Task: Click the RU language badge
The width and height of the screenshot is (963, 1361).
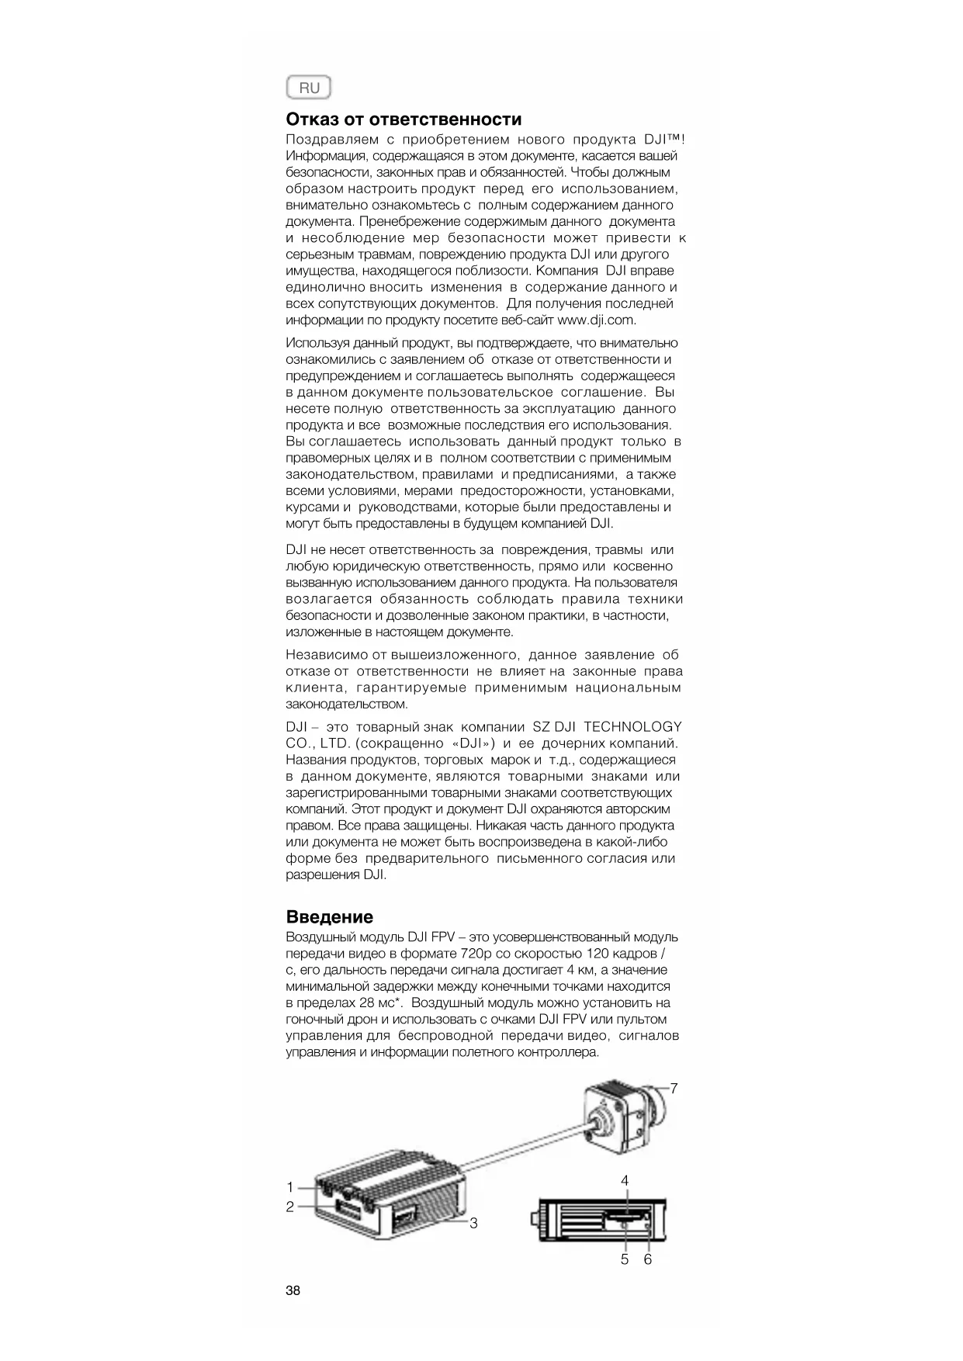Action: [x=308, y=88]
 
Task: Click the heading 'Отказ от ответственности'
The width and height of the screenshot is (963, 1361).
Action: [x=404, y=119]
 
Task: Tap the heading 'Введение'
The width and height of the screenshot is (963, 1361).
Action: [x=329, y=917]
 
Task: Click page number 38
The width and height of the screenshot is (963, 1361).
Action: [x=293, y=1291]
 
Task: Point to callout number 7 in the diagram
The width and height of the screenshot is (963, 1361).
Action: [x=674, y=1089]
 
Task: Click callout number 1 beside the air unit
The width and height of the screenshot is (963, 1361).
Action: [x=290, y=1187]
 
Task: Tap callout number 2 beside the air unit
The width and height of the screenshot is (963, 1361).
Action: [x=290, y=1207]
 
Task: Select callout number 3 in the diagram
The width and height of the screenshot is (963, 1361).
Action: [x=473, y=1224]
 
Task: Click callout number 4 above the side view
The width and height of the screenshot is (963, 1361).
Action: [x=625, y=1180]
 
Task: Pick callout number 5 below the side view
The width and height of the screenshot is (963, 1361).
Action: [x=625, y=1259]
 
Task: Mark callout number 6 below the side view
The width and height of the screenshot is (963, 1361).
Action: [x=648, y=1259]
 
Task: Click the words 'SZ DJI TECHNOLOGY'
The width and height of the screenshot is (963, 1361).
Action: [x=607, y=727]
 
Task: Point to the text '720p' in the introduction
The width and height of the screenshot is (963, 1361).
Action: [x=467, y=954]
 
